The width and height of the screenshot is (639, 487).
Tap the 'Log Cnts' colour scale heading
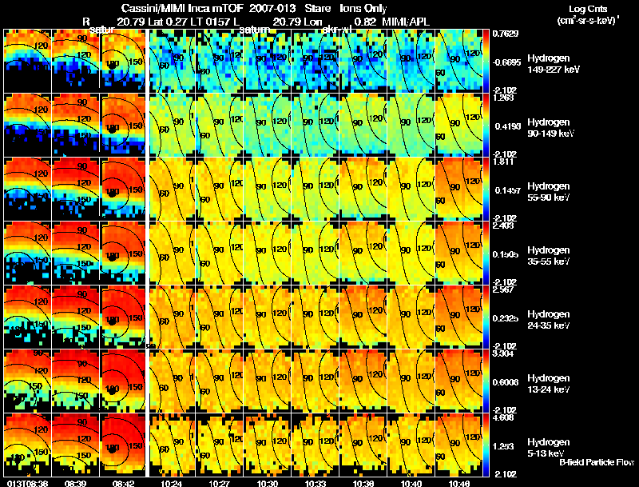589,8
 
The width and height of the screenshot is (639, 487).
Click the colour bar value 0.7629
503,34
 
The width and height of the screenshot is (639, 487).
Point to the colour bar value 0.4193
503,126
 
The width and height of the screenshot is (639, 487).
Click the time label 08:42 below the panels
125,482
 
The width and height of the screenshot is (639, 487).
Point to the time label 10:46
458,482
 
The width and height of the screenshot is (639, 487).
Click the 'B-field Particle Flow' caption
597,462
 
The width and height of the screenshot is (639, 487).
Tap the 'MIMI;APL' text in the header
415,21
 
